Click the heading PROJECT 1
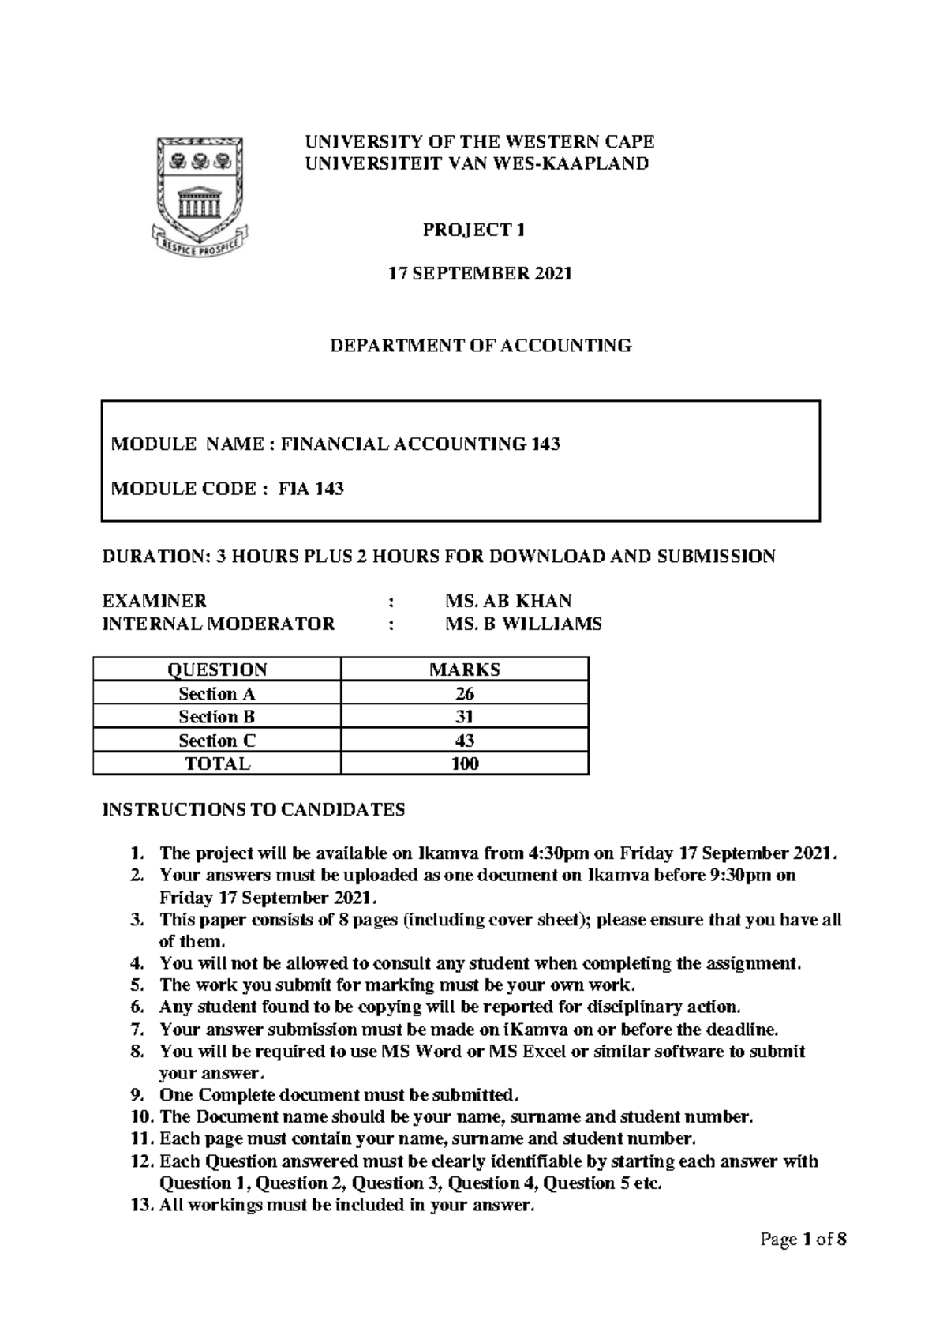pyautogui.click(x=473, y=231)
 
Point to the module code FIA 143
pyautogui.click(x=311, y=489)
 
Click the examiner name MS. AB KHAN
pyautogui.click(x=508, y=601)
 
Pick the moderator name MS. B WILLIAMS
pyautogui.click(x=523, y=624)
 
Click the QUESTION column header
pyautogui.click(x=217, y=670)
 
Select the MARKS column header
pyautogui.click(x=464, y=670)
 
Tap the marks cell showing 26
pyautogui.click(x=464, y=694)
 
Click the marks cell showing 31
pyautogui.click(x=464, y=717)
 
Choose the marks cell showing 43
pyautogui.click(x=464, y=741)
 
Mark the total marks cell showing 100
pyautogui.click(x=464, y=763)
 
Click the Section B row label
pyautogui.click(x=217, y=717)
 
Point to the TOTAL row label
pyautogui.click(x=217, y=763)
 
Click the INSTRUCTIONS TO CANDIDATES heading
pyautogui.click(x=253, y=809)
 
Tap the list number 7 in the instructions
pyautogui.click(x=138, y=1030)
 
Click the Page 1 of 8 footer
pyautogui.click(x=803, y=1240)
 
